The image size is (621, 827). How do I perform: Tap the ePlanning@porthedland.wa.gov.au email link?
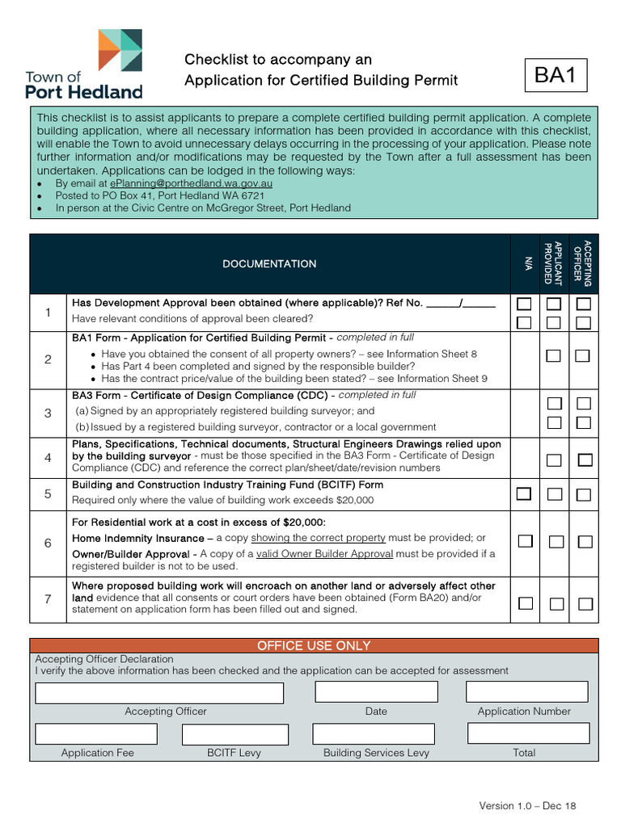[191, 183]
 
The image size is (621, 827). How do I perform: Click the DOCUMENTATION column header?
[269, 264]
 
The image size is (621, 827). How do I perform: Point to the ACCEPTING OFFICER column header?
[583, 263]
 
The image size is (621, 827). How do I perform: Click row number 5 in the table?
[48, 493]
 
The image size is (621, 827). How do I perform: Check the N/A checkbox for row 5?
[525, 493]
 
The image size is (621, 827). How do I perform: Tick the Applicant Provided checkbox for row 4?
[554, 460]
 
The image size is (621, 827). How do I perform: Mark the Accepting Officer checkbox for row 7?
[584, 603]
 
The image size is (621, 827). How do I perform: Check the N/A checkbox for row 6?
[525, 541]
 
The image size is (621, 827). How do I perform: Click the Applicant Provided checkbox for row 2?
[554, 356]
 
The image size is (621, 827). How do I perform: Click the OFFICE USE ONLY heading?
[314, 645]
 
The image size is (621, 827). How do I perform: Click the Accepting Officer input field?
[159, 693]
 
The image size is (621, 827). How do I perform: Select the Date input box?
[375, 692]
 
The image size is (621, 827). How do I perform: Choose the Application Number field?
[526, 692]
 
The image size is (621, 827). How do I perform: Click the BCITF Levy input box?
[234, 734]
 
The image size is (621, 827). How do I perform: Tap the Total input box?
[523, 733]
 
